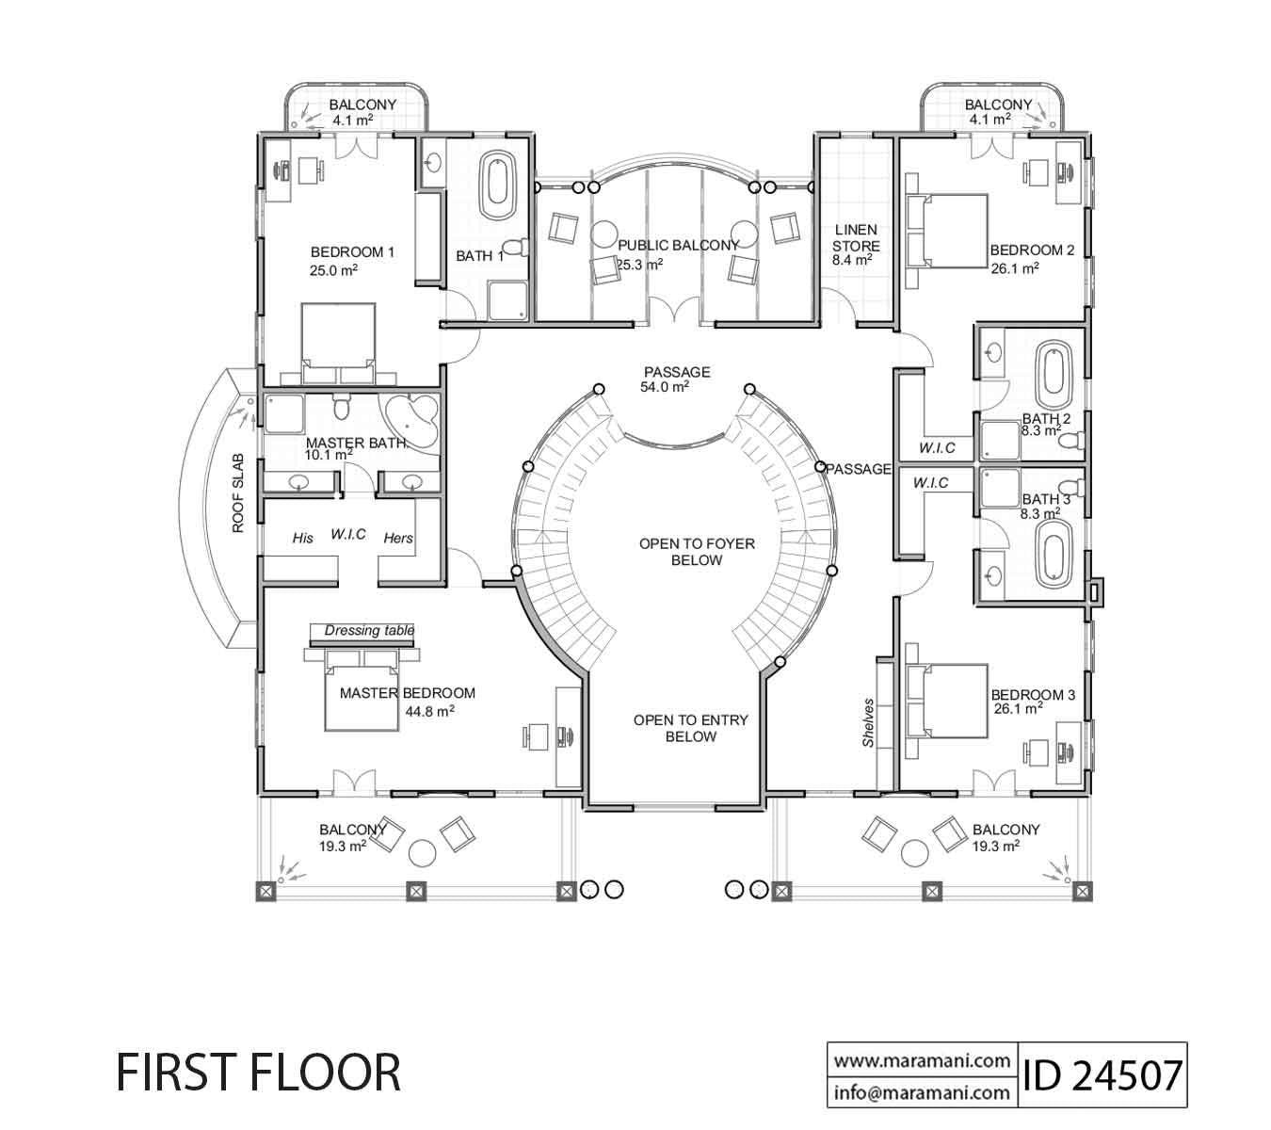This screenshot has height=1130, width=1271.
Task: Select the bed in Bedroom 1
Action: (x=338, y=343)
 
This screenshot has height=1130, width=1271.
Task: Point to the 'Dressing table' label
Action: (x=368, y=631)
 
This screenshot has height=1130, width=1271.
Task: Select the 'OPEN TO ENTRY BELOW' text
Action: (x=690, y=728)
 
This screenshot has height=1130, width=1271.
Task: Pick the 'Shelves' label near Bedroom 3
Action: (x=868, y=723)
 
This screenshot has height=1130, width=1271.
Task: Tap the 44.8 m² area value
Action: (x=430, y=712)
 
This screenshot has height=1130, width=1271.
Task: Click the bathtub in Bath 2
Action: (x=1052, y=373)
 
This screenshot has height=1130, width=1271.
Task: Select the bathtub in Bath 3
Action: (x=1052, y=551)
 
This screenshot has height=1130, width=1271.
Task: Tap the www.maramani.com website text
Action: (x=921, y=1060)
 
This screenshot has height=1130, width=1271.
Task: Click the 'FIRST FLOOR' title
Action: (x=258, y=1073)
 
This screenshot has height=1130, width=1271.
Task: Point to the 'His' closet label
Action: (x=302, y=539)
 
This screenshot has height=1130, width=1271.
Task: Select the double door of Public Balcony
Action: (x=672, y=312)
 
